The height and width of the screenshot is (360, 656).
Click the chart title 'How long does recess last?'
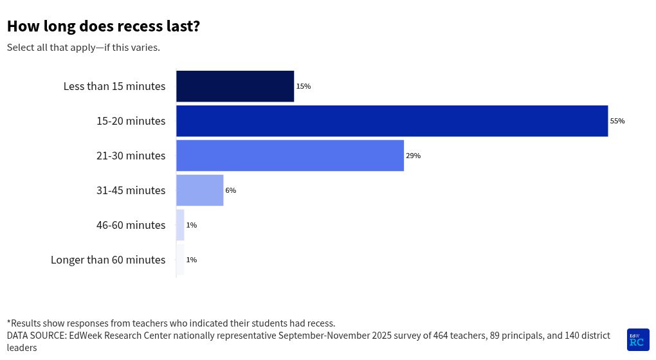[x=103, y=26]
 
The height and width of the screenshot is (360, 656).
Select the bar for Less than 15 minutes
[x=235, y=86]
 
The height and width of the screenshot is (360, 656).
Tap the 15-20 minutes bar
[x=392, y=121]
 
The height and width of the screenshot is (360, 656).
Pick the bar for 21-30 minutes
[x=290, y=156]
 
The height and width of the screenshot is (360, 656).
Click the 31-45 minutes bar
[x=199, y=190]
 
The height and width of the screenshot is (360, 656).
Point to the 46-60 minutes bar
[x=180, y=225]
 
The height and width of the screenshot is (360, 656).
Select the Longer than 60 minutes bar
[x=180, y=260]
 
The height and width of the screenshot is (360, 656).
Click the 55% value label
[x=617, y=121]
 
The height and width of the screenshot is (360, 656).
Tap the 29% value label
[x=413, y=156]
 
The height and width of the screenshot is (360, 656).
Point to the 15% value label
[x=304, y=86]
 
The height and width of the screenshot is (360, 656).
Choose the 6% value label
[x=230, y=190]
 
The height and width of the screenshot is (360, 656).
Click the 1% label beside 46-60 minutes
[x=191, y=225]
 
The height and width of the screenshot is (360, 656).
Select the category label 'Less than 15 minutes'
[x=114, y=86]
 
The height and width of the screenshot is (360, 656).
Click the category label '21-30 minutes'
[x=131, y=156]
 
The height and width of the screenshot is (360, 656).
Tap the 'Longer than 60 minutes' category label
[x=108, y=260]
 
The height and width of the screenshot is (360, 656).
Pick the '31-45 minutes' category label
[x=131, y=190]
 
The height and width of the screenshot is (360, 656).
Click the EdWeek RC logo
[x=638, y=339]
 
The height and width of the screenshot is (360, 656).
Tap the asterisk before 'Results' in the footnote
[x=9, y=322]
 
